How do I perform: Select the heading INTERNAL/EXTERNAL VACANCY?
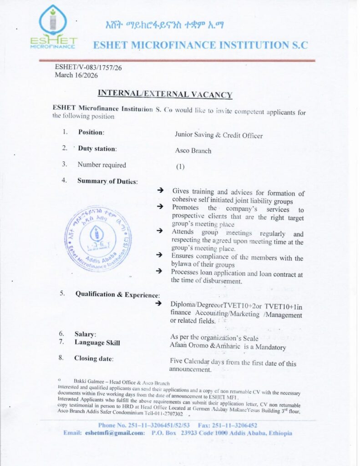click(165, 94)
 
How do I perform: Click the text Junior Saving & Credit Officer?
click(218, 135)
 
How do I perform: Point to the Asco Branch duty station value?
click(193, 151)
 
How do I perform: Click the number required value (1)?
click(180, 167)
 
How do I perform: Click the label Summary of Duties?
click(107, 181)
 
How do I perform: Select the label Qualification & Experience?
click(117, 294)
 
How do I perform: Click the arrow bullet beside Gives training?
click(160, 191)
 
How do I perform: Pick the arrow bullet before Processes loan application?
click(160, 271)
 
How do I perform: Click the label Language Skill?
click(97, 343)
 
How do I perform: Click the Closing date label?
click(94, 359)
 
